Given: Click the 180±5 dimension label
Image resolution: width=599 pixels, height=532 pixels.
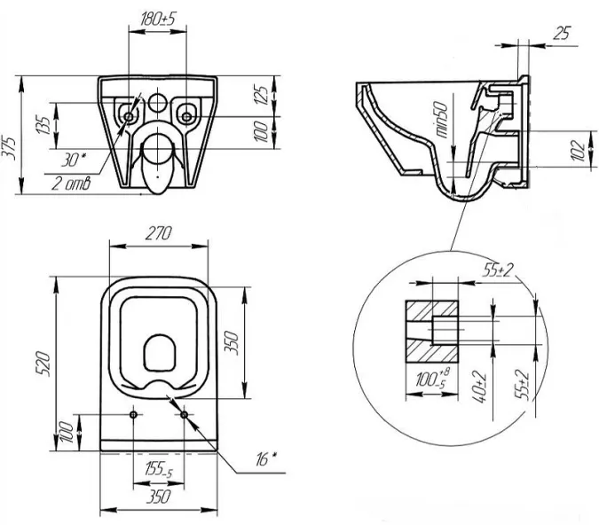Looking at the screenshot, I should coord(160,16).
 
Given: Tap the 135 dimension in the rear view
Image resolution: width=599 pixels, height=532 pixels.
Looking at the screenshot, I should coord(41,124).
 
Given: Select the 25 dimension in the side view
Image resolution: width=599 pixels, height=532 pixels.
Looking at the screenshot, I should coord(560,33).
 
